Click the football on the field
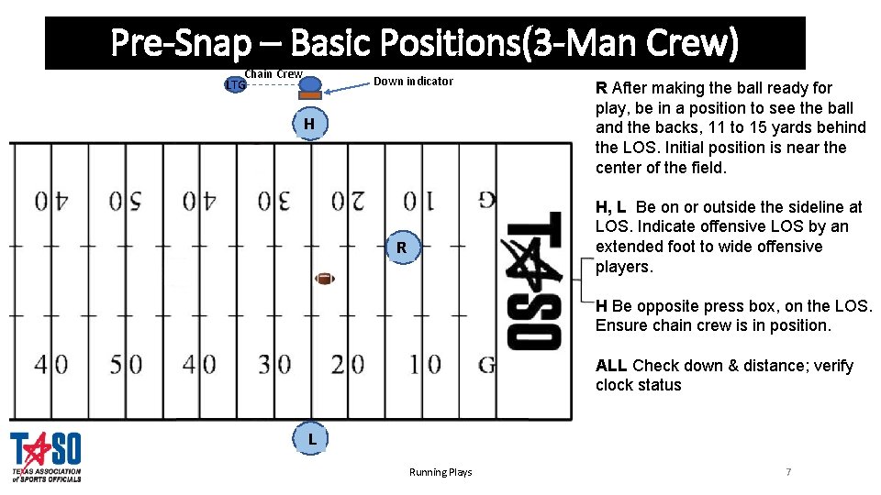click(x=325, y=278)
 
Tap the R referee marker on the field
click(x=401, y=247)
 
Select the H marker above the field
click(x=309, y=124)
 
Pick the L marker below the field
click(x=312, y=439)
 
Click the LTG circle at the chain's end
click(x=236, y=85)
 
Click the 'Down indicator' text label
click(x=413, y=82)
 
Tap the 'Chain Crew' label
click(x=273, y=74)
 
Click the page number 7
click(x=787, y=472)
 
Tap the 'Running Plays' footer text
click(x=440, y=472)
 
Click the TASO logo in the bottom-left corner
click(x=46, y=456)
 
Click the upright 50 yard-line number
click(x=126, y=365)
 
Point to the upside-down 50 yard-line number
click(x=126, y=200)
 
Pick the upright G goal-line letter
click(x=486, y=365)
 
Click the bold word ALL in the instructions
click(x=611, y=366)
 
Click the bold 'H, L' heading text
click(x=611, y=207)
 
